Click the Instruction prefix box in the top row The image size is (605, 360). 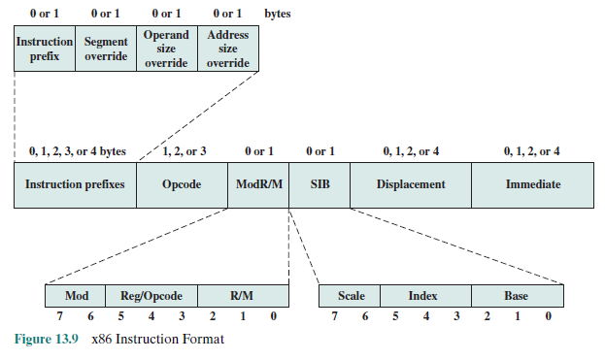pos(45,49)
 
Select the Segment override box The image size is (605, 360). pos(106,49)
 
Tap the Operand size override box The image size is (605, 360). pos(166,49)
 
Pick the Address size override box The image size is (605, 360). pos(228,49)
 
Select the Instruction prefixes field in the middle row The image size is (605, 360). pos(75,183)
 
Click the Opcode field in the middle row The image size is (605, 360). pos(183,183)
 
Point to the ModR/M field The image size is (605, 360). pos(259,183)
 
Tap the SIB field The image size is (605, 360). pos(319,183)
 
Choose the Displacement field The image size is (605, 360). pos(411,183)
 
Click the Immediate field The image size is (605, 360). pos(532,183)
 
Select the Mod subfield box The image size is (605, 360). pos(77,295)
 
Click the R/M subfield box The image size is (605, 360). pos(243,295)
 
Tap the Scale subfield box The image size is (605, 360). pos(351,295)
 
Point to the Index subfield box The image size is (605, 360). pos(425,295)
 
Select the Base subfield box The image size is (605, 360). pos(517,295)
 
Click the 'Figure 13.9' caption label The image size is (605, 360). pos(46,341)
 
